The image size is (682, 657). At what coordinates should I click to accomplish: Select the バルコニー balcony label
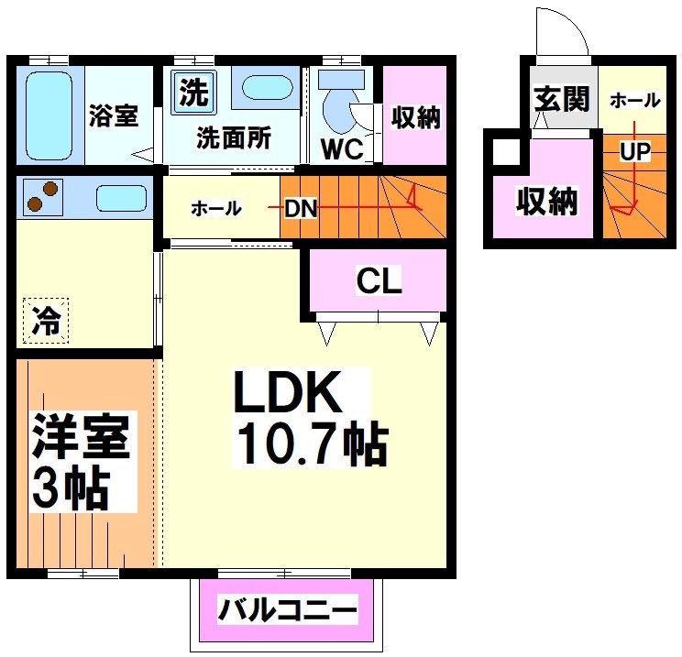pyautogui.click(x=287, y=610)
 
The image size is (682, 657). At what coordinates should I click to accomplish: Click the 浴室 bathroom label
pyautogui.click(x=114, y=116)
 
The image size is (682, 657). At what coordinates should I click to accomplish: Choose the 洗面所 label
pyautogui.click(x=234, y=138)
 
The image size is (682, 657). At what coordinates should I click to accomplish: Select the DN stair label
pyautogui.click(x=300, y=209)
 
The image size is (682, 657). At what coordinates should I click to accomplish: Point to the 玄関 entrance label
pyautogui.click(x=562, y=98)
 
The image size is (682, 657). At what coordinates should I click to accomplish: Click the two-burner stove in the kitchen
pyautogui.click(x=41, y=197)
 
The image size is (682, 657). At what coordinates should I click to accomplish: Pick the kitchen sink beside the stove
pyautogui.click(x=120, y=198)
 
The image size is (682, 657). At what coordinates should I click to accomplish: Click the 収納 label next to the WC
pyautogui.click(x=415, y=117)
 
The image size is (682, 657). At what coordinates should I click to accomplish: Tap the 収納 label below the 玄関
pyautogui.click(x=546, y=201)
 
